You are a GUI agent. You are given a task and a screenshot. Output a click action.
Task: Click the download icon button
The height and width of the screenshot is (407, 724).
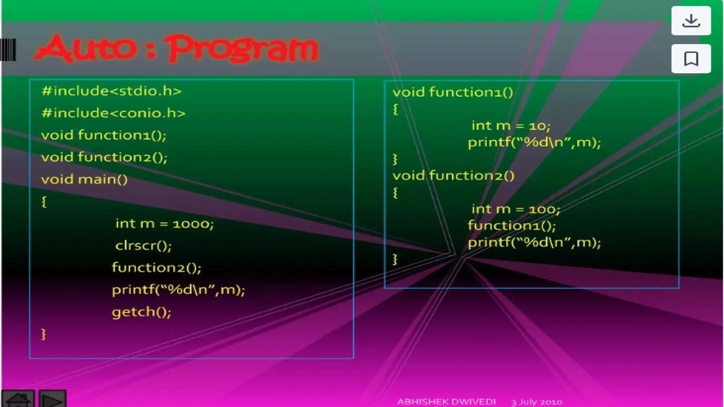pyautogui.click(x=691, y=21)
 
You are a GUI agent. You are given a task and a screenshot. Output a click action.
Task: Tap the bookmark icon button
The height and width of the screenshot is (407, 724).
pyautogui.click(x=691, y=59)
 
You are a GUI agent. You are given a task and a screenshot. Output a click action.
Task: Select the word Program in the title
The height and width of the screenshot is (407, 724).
pyautogui.click(x=243, y=48)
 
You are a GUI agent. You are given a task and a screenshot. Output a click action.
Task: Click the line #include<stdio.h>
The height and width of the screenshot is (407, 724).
pyautogui.click(x=111, y=91)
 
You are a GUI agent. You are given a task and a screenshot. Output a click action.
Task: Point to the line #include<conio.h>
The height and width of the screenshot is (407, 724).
pyautogui.click(x=113, y=113)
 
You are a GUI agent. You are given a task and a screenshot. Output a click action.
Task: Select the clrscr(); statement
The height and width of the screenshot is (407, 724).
pyautogui.click(x=143, y=246)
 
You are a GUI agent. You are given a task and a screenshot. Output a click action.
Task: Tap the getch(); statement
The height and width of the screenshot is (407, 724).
pyautogui.click(x=141, y=312)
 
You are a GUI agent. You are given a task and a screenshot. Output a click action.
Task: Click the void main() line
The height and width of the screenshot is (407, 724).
pyautogui.click(x=84, y=179)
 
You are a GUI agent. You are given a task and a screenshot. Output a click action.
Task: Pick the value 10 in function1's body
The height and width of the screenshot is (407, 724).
pyautogui.click(x=537, y=126)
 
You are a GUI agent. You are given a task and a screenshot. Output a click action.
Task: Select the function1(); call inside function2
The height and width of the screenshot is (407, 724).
pyautogui.click(x=512, y=225)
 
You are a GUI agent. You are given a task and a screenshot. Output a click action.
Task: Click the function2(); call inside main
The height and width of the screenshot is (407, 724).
pyautogui.click(x=156, y=268)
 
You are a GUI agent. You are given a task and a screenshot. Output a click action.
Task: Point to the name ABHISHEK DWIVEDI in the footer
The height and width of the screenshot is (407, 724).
pyautogui.click(x=446, y=402)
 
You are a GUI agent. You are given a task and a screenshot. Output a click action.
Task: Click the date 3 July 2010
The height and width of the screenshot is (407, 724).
pyautogui.click(x=536, y=402)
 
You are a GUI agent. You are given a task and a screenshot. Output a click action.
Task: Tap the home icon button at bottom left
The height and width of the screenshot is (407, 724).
pyautogui.click(x=18, y=399)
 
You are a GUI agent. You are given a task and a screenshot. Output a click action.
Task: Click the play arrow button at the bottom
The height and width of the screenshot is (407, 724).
pyautogui.click(x=52, y=399)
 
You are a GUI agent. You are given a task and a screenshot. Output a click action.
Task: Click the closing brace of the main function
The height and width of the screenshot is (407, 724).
pyautogui.click(x=43, y=334)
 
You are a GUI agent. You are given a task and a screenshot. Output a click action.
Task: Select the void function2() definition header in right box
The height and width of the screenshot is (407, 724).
pyautogui.click(x=453, y=176)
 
